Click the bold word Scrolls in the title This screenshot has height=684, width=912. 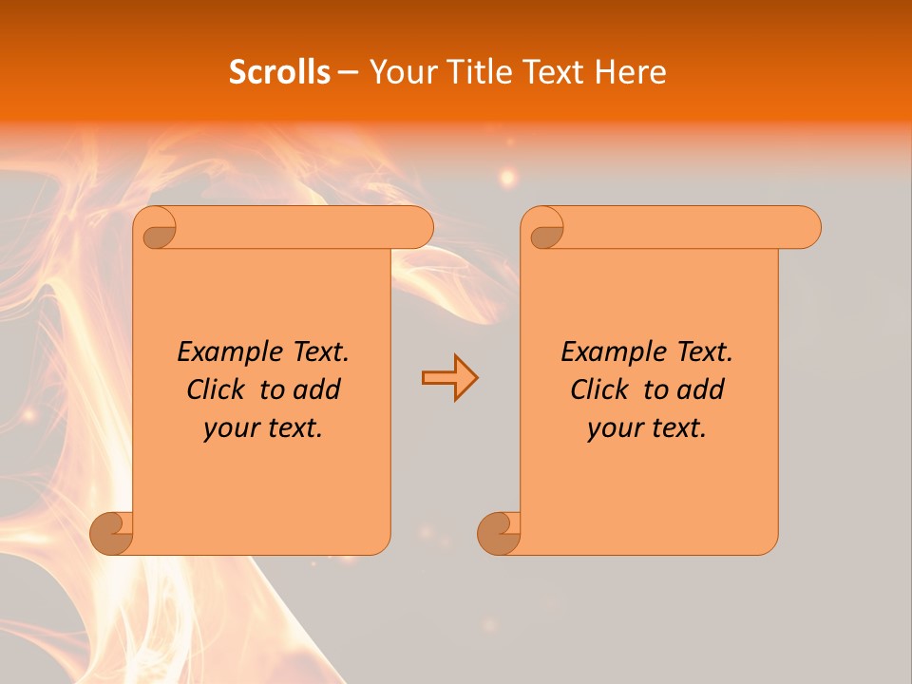[x=279, y=71]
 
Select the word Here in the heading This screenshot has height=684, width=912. [x=629, y=71]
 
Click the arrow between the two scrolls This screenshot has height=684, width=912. [x=449, y=377]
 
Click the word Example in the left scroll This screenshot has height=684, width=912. [x=226, y=352]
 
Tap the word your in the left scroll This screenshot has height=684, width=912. [x=229, y=428]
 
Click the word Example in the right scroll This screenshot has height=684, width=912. [x=610, y=352]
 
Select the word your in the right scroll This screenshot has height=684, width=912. [x=613, y=428]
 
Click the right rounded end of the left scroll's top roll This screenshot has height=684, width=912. [x=418, y=228]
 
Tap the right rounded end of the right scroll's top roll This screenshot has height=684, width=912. [x=806, y=228]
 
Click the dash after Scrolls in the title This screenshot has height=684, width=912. [x=348, y=73]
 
